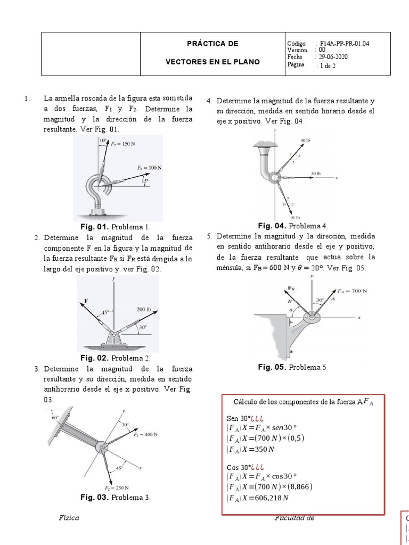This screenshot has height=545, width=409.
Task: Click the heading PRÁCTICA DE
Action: pos(212,44)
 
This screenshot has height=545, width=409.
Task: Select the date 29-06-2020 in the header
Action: pos(334,57)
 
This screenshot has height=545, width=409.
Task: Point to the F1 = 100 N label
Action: pos(149,167)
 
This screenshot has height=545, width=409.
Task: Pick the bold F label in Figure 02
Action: pos(85,301)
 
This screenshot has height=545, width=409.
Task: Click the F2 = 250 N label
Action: pos(117,488)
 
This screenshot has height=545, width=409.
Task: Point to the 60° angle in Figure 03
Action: pos(55,418)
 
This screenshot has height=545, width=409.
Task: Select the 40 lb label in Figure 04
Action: pos(305,140)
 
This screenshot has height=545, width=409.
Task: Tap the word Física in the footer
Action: pos(69,518)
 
